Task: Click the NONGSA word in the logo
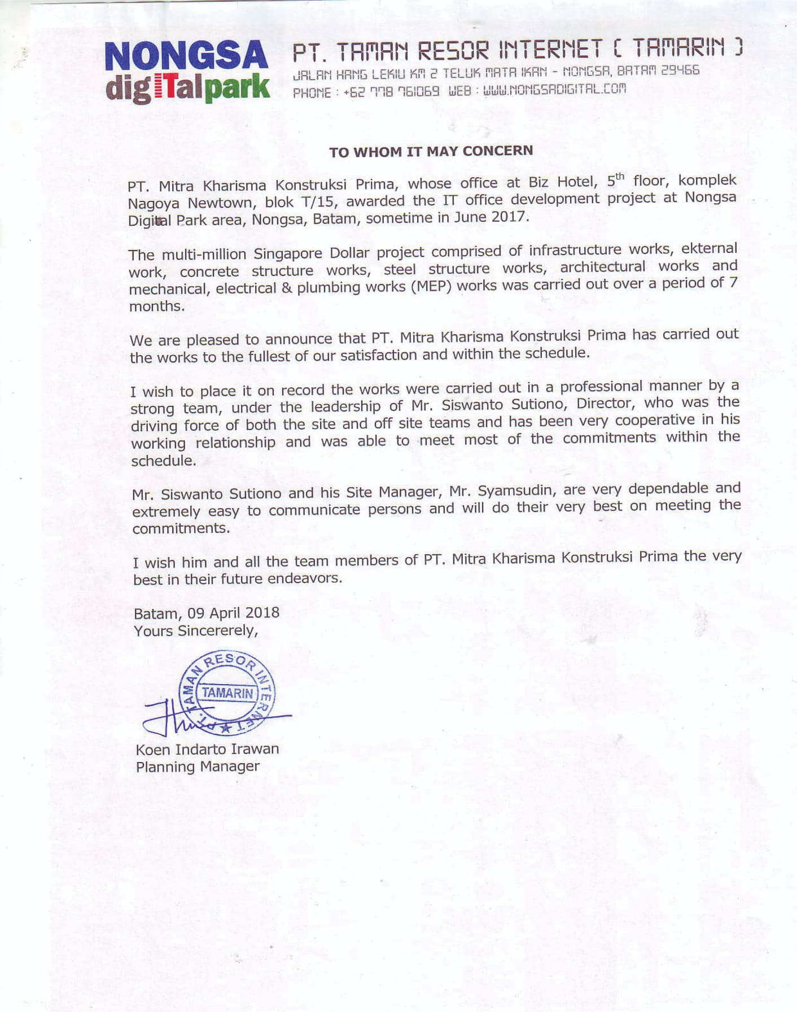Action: (x=186, y=57)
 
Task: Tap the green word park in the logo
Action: (x=238, y=89)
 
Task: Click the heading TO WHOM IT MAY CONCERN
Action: (x=431, y=151)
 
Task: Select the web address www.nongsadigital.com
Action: (x=553, y=89)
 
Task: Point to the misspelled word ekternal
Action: (x=709, y=249)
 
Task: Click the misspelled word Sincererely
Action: (x=217, y=630)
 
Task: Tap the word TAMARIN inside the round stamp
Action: (x=228, y=693)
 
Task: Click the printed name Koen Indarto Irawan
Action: (x=207, y=750)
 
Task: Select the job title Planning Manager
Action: (x=198, y=766)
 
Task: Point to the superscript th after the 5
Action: (x=620, y=177)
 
